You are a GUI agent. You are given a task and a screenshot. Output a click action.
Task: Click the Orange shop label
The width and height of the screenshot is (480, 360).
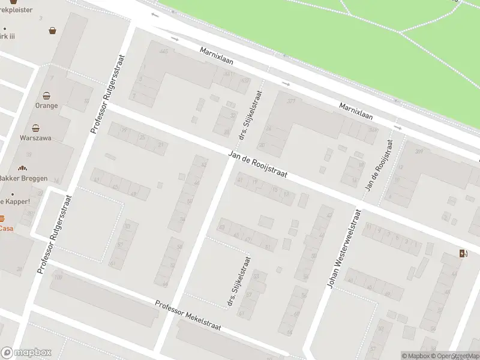point(47,106)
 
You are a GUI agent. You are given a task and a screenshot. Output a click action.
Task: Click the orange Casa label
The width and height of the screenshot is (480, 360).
point(6,229)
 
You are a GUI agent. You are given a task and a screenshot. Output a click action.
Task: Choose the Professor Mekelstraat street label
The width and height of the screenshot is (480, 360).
point(188,316)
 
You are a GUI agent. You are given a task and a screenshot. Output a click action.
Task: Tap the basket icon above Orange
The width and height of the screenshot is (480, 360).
point(47,95)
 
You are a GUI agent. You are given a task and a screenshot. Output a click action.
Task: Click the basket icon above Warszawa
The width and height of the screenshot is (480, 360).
point(37,128)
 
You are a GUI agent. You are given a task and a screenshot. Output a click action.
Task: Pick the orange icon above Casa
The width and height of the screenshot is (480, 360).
point(2,218)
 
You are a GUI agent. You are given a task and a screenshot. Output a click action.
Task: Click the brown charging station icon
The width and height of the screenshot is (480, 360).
point(462,253)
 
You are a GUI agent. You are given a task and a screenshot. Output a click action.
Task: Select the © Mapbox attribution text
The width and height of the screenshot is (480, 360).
point(415,356)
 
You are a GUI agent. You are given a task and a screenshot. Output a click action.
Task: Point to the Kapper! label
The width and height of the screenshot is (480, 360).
point(16,201)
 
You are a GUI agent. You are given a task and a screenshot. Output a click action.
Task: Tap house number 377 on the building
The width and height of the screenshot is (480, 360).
point(291,101)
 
